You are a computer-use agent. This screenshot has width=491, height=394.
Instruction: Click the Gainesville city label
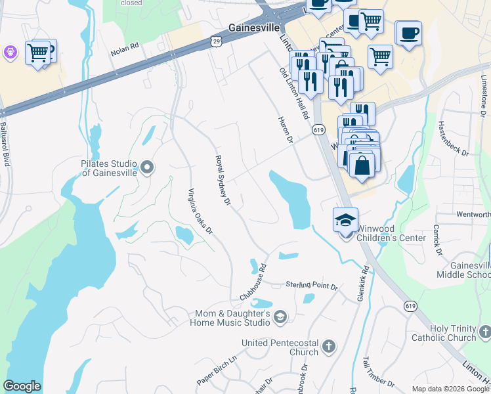[255, 28]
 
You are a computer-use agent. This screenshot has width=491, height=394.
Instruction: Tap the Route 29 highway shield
[216, 41]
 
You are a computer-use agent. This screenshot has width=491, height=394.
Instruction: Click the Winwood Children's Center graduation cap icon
[345, 221]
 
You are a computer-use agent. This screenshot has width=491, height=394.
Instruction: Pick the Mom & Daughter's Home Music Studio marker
[280, 317]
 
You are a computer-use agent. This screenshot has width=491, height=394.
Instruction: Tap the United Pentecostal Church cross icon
[329, 346]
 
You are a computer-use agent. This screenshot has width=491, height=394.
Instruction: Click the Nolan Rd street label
[126, 49]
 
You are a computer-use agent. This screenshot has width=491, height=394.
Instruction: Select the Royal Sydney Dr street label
[223, 180]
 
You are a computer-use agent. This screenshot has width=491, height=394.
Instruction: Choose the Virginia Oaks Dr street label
[200, 211]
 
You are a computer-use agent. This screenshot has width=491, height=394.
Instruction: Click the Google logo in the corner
[22, 386]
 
